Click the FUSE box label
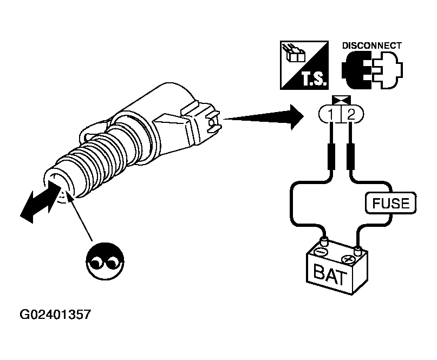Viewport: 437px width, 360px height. tap(391, 204)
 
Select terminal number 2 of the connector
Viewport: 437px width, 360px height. tap(351, 115)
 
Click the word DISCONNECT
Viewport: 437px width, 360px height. tap(371, 45)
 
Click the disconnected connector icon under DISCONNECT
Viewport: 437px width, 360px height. tap(371, 70)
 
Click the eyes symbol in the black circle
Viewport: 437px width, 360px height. tap(103, 261)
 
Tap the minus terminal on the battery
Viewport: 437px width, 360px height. tap(322, 250)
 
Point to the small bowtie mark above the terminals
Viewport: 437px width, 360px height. tap(340, 100)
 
